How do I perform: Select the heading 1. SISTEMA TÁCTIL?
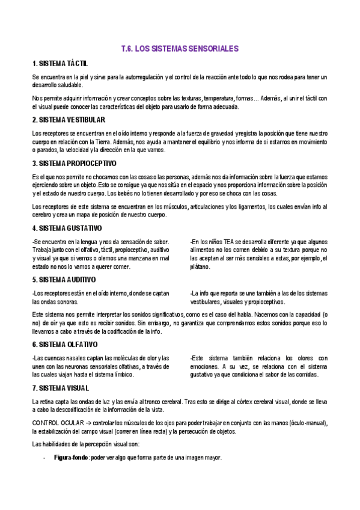tap(60, 64)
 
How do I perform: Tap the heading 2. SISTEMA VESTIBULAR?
tap(69, 120)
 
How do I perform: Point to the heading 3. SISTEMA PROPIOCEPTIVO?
tap(74, 164)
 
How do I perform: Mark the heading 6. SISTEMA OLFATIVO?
tap(65, 345)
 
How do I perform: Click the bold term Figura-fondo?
tap(71, 458)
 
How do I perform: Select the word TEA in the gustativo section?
tap(222, 241)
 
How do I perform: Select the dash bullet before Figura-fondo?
tap(44, 458)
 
